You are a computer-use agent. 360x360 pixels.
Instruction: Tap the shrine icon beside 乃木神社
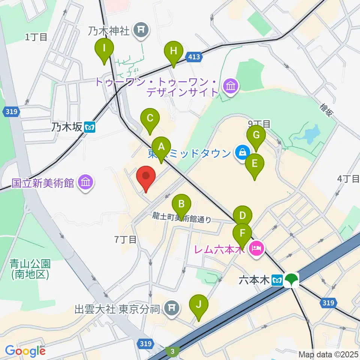pos(141,31)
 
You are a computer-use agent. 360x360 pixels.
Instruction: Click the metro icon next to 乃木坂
pos(90,127)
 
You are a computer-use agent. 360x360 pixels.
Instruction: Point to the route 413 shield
pos(194,57)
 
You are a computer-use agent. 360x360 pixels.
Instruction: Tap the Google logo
pos(25,351)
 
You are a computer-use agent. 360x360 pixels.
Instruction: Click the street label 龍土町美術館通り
pos(182,217)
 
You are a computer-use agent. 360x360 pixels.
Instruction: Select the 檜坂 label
pos(326,111)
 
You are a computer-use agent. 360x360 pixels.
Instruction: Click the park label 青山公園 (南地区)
pos(30,268)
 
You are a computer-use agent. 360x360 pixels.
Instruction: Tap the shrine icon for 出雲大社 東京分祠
pos(171,309)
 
